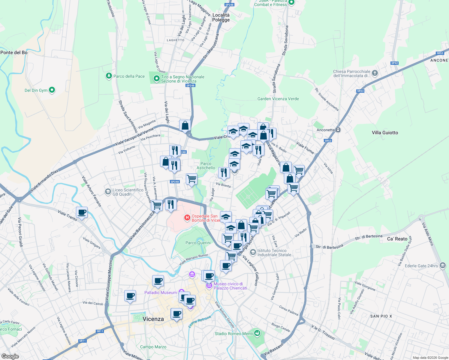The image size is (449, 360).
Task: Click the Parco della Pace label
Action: point(129,76)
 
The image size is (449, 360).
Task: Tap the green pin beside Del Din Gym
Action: point(52,90)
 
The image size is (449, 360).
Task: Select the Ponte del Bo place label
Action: point(14,52)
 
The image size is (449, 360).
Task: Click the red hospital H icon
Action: point(187,217)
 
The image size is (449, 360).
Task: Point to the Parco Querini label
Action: point(198,243)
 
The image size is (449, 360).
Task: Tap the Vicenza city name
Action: point(153,319)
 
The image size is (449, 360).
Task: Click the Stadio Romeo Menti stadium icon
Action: point(257,333)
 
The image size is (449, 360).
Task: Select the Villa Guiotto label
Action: point(385,133)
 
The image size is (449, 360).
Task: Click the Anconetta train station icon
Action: point(338,130)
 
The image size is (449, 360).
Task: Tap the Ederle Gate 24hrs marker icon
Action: point(443,265)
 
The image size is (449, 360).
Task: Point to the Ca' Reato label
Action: point(397,239)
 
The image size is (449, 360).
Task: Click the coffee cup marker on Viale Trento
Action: point(82,212)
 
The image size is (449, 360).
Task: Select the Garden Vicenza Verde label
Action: point(278,99)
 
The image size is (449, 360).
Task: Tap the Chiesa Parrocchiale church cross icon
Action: point(375,73)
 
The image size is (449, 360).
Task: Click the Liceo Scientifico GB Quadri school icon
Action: point(108,191)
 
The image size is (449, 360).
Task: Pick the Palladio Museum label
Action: point(161,292)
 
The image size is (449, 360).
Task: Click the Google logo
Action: point(10,356)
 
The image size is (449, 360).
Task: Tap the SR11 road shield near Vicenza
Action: point(100,331)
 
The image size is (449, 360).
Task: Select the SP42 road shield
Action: point(394,63)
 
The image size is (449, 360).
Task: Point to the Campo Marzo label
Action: point(153,347)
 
